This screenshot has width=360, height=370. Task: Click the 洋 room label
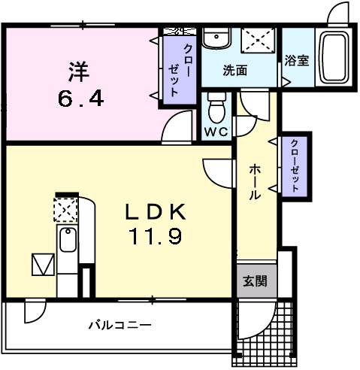[x=79, y=71]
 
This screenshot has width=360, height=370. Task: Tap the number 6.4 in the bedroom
[x=80, y=99]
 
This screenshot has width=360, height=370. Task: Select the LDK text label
[x=156, y=212]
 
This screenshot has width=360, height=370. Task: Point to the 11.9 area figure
[x=155, y=237]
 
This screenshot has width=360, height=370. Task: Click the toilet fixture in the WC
[x=216, y=108]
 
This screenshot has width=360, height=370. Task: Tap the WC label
[x=216, y=131]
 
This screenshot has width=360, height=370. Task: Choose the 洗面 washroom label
[x=235, y=71]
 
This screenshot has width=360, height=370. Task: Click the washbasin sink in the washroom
[x=216, y=38]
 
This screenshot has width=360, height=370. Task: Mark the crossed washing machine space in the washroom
[x=258, y=40]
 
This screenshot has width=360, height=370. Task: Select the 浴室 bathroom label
[x=297, y=60]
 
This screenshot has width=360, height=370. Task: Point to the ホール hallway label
[x=255, y=182]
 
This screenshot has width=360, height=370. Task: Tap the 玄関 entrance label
[x=255, y=281]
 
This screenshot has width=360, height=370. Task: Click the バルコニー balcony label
[x=120, y=326]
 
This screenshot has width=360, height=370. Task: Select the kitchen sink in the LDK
[x=68, y=240]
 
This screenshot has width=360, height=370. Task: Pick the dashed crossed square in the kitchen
[x=65, y=210]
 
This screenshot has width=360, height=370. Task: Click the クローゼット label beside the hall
[x=295, y=166]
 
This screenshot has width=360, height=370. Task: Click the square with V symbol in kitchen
[x=43, y=265]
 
